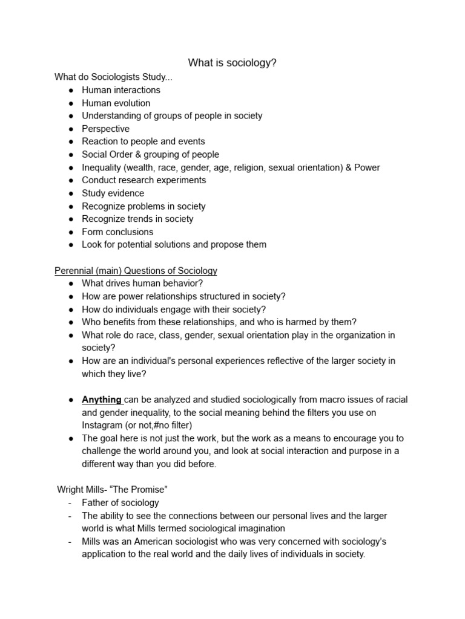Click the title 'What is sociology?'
[232, 63]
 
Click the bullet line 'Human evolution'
[116, 103]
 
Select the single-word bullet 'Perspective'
[105, 129]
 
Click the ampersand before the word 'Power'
[348, 167]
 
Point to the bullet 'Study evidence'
[113, 193]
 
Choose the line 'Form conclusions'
[117, 232]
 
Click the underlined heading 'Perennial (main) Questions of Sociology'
[136, 271]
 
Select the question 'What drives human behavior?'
[142, 284]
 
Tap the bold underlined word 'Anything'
[102, 400]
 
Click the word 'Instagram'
[102, 425]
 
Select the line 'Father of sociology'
[120, 503]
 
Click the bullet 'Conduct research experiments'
[143, 180]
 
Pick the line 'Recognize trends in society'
[137, 219]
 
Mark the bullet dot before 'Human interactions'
[71, 90]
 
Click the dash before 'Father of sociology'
[70, 503]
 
